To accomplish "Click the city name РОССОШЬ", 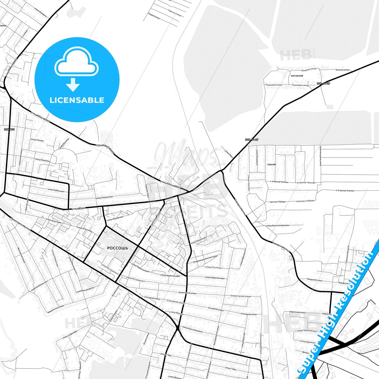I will (x=118, y=248).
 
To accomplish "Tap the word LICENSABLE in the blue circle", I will (x=77, y=100).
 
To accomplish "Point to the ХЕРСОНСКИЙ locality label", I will (x=297, y=76).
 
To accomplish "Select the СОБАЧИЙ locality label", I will (x=271, y=165).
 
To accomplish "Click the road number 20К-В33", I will (x=9, y=129).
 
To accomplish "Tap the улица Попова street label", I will (x=37, y=140).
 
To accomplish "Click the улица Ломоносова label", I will (x=104, y=197).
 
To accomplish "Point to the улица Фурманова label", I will (x=115, y=218).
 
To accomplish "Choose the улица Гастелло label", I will (x=213, y=268).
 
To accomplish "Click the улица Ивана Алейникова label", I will (x=277, y=225).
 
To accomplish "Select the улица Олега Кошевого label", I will (x=193, y=329).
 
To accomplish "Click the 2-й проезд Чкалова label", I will (x=345, y=191).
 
